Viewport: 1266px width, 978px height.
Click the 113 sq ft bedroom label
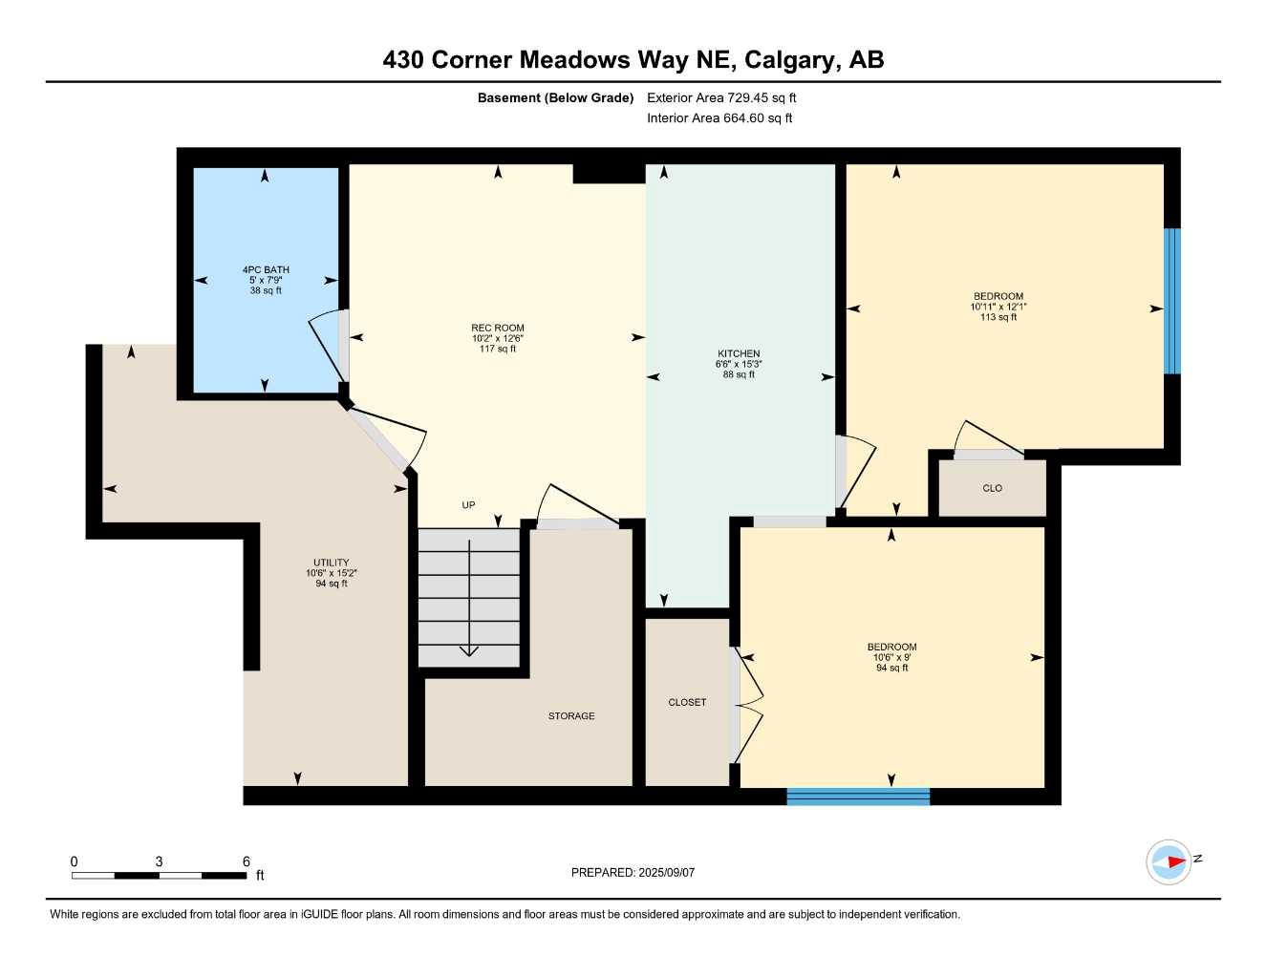tap(998, 307)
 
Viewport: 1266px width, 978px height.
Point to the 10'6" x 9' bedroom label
tap(892, 657)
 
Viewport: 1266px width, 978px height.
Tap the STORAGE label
tap(571, 716)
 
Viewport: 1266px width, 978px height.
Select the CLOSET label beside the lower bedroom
tap(687, 702)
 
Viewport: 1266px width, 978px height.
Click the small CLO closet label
tap(992, 488)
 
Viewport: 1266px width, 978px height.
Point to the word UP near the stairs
tap(468, 505)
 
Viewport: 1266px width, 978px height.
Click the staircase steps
tap(469, 598)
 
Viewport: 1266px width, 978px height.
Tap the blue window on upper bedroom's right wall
tap(1171, 301)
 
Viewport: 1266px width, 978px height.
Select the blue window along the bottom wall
tap(858, 797)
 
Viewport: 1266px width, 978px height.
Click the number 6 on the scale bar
tap(247, 861)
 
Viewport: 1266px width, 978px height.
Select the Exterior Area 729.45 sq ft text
tap(721, 97)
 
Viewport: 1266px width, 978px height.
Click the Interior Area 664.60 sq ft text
tap(719, 118)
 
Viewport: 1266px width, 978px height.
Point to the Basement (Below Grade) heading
tap(555, 97)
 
